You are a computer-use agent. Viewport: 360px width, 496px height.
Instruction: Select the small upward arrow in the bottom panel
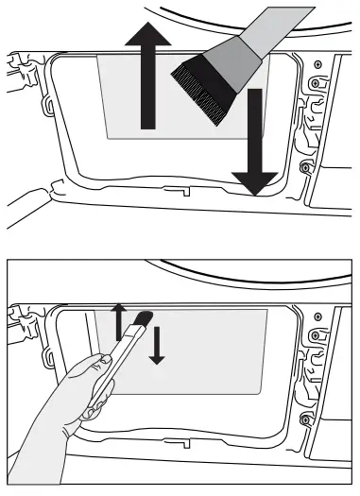(118, 321)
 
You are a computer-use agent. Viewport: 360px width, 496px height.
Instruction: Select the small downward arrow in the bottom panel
(157, 347)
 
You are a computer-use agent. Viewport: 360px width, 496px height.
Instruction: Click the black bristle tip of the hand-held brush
(145, 318)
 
